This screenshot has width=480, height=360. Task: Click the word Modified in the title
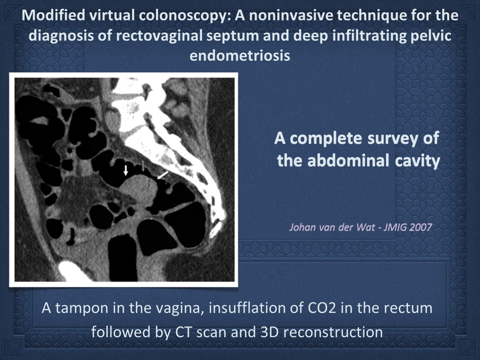53,15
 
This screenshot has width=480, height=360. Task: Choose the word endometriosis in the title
240,56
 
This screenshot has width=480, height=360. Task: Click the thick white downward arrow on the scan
126,170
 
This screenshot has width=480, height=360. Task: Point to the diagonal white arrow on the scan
163,175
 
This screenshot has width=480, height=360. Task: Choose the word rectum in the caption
408,308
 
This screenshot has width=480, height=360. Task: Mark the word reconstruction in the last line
331,332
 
